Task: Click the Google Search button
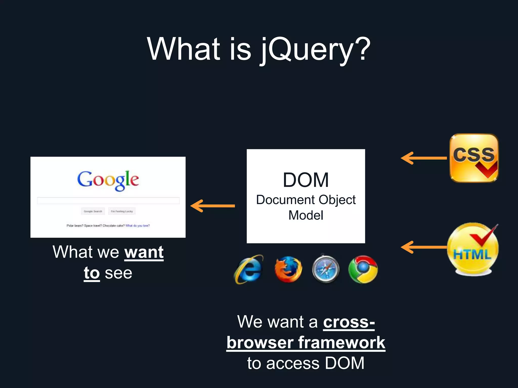(93, 211)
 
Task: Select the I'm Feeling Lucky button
(122, 211)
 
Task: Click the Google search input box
(108, 201)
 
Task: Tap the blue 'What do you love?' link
(138, 226)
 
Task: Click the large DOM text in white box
(306, 180)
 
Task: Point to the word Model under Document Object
(306, 215)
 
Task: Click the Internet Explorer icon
(249, 269)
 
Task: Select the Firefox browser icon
(288, 269)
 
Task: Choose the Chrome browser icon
(363, 269)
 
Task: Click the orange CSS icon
(474, 158)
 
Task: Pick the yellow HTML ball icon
(473, 249)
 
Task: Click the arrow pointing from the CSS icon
(424, 158)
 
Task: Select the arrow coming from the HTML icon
(424, 247)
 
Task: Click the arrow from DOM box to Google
(212, 206)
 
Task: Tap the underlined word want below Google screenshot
(144, 252)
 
